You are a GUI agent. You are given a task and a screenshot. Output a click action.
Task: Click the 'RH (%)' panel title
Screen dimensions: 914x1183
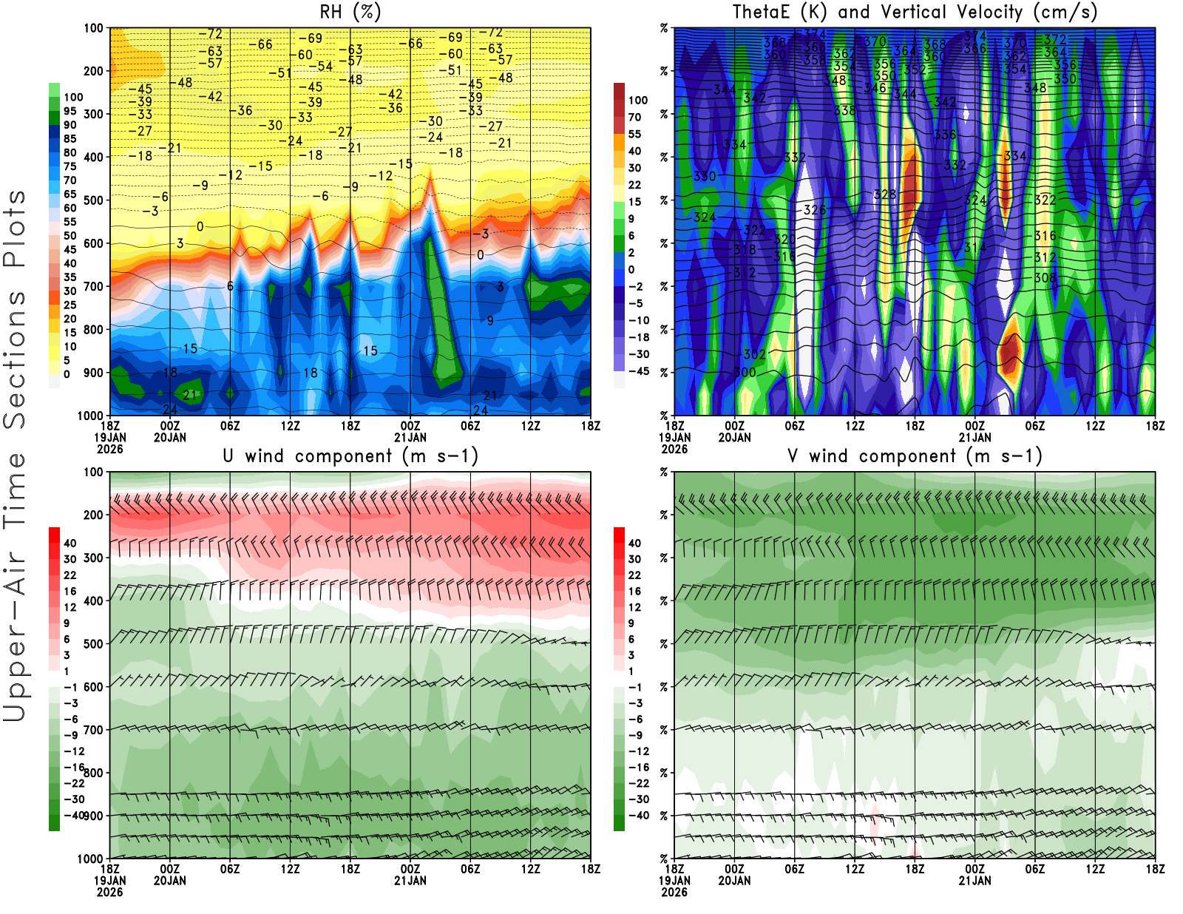pyautogui.click(x=350, y=13)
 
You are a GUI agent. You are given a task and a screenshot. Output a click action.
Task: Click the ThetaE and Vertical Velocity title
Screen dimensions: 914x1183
pyautogui.click(x=915, y=13)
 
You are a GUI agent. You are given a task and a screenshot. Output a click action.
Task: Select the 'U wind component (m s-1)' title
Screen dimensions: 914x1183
pyautogui.click(x=350, y=456)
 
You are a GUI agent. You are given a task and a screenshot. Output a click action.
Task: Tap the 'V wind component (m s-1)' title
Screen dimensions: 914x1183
pyautogui.click(x=915, y=456)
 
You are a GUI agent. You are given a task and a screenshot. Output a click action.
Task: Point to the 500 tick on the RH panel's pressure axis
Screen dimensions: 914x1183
pyautogui.click(x=93, y=200)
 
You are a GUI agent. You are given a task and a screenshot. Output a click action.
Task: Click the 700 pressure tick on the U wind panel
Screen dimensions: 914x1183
pyautogui.click(x=93, y=730)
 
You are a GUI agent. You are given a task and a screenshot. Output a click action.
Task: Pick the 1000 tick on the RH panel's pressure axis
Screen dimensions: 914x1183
pyautogui.click(x=90, y=416)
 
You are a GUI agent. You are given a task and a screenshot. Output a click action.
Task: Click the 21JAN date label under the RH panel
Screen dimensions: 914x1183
pyautogui.click(x=410, y=437)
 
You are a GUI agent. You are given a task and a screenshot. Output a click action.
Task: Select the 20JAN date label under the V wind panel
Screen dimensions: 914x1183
pyautogui.click(x=734, y=881)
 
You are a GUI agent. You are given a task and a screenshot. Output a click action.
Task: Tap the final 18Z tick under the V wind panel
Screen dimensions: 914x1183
pyautogui.click(x=1155, y=870)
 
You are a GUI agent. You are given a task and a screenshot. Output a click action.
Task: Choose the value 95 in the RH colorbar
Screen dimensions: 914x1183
pyautogui.click(x=70, y=112)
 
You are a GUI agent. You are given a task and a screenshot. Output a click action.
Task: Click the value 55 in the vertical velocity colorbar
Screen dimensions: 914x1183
pyautogui.click(x=634, y=135)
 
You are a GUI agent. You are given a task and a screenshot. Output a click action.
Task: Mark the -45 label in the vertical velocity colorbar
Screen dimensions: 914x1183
pyautogui.click(x=639, y=371)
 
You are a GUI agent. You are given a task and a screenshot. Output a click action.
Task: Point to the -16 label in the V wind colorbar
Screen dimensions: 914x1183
pyautogui.click(x=639, y=768)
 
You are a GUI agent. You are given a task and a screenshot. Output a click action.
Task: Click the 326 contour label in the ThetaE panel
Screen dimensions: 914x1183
pyautogui.click(x=815, y=211)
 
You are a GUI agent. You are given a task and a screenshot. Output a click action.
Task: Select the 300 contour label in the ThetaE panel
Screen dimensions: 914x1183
pyautogui.click(x=745, y=373)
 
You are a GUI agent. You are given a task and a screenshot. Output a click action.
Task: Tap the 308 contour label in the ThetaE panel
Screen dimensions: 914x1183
pyautogui.click(x=1045, y=278)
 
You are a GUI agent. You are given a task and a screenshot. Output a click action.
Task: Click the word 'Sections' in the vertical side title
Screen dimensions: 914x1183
pyautogui.click(x=15, y=359)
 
